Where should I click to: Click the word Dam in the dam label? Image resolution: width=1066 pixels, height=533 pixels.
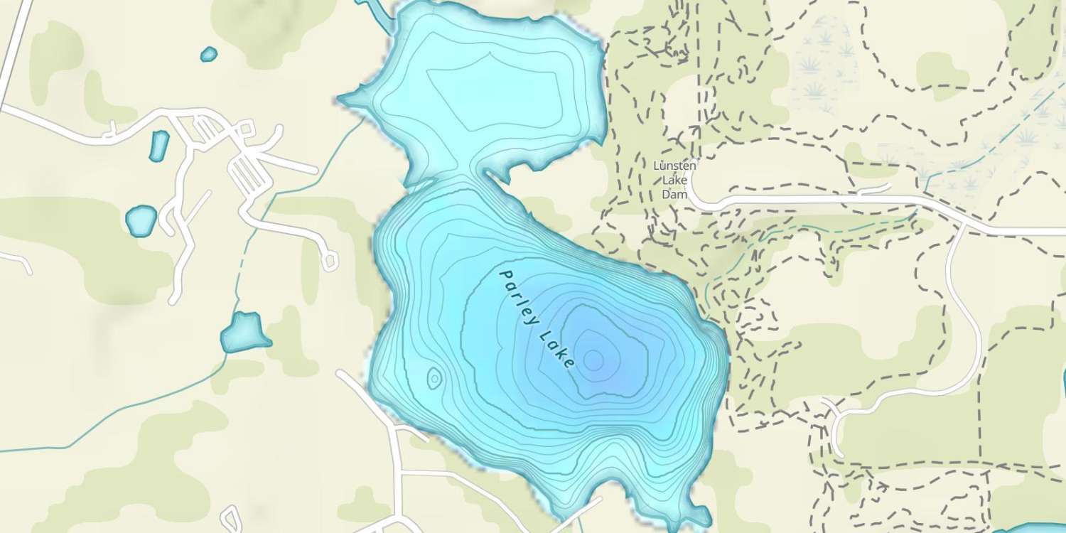coord(675,193)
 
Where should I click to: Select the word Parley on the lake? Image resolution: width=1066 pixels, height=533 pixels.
coord(518,297)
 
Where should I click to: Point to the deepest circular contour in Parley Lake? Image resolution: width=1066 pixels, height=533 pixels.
coord(594,361)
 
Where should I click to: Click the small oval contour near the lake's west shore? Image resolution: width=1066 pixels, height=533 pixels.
coord(433,378)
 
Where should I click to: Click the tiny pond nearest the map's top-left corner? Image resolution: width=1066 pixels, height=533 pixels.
coord(208,54)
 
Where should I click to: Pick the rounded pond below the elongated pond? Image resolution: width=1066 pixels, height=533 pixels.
coord(141,220)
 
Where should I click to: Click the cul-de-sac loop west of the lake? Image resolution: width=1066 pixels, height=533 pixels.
coord(329,261)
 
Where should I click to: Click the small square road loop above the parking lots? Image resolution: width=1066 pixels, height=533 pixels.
coord(247,129)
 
